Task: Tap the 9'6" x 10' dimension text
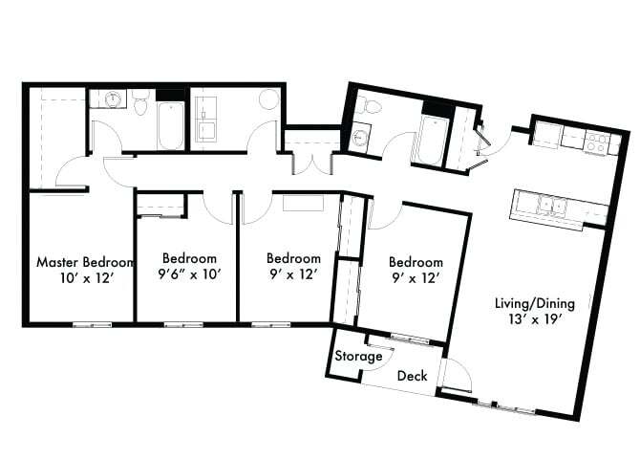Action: pyautogui.click(x=189, y=274)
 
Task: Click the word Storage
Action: pyautogui.click(x=358, y=357)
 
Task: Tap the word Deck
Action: pyautogui.click(x=412, y=376)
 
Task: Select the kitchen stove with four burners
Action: pyautogui.click(x=597, y=143)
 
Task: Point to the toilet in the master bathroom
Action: pyautogui.click(x=141, y=103)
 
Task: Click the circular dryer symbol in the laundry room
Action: pyautogui.click(x=268, y=99)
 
